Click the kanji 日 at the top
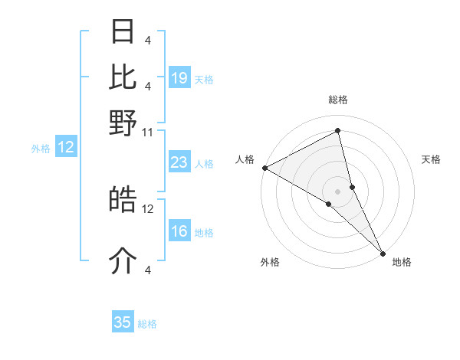point(123,33)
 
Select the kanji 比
point(123,77)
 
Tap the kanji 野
point(123,123)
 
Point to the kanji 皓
point(123,200)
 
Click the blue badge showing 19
point(179,78)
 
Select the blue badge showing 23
point(179,162)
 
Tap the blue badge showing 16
point(179,232)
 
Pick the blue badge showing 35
point(123,322)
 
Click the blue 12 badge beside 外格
point(66,148)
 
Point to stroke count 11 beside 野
point(148,132)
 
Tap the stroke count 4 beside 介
point(148,270)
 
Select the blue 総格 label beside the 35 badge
point(147,324)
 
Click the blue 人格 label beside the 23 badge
point(204,164)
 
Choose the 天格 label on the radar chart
point(431,159)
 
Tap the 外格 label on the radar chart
point(270,262)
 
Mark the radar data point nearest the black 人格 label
point(264,168)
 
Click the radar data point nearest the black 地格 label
point(382,253)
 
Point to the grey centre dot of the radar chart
point(337,191)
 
